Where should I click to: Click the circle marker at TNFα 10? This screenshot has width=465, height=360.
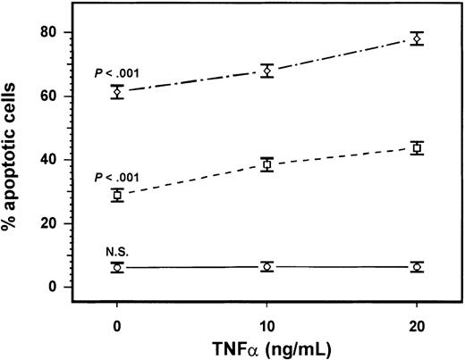[x=266, y=267]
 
